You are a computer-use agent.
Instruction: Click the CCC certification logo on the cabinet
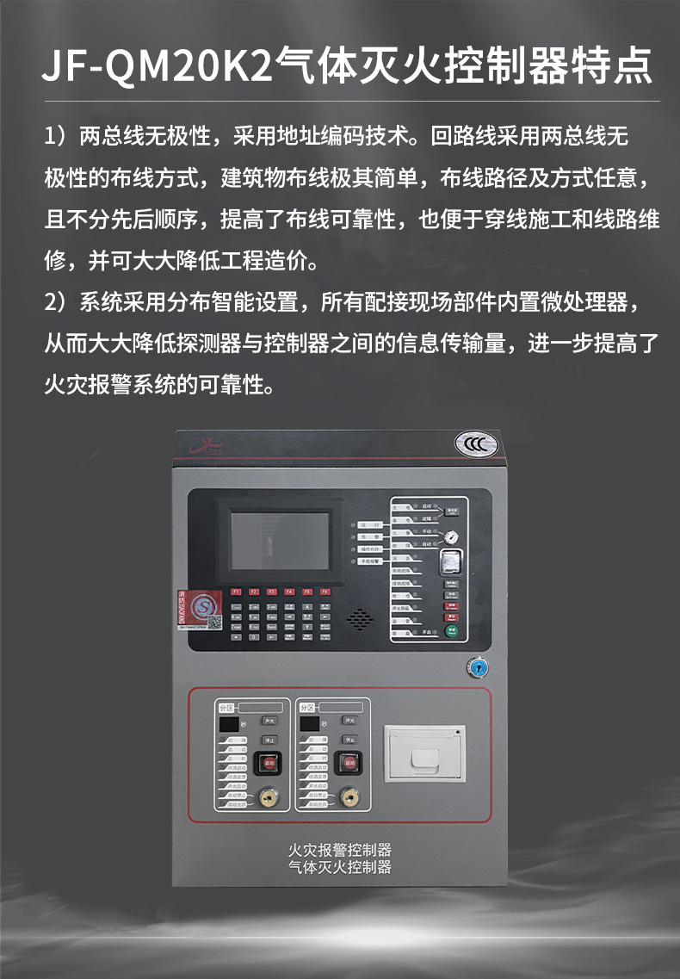[476, 444]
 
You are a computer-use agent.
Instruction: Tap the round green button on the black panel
[451, 631]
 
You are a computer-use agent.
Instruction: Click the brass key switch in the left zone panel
[266, 799]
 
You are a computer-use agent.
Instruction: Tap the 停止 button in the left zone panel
[269, 739]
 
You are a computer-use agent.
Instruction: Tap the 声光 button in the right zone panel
[349, 720]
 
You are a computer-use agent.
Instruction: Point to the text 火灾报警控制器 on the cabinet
[340, 851]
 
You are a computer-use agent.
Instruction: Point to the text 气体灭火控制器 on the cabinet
[340, 867]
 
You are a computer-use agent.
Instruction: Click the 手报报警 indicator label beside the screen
[371, 561]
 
